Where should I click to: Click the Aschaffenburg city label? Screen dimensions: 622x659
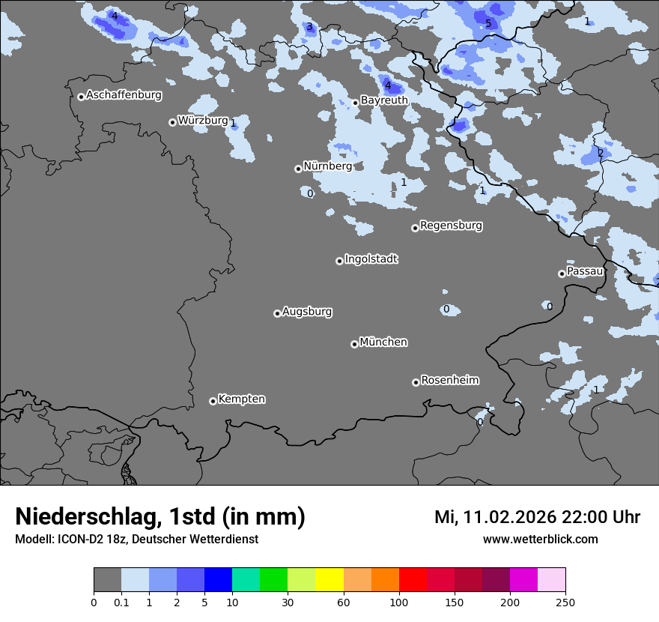(124, 95)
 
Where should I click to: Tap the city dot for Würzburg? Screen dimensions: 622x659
(172, 122)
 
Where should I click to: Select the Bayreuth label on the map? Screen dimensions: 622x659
(384, 100)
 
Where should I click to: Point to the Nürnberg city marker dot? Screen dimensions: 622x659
(298, 169)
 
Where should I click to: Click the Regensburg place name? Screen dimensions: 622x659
(451, 225)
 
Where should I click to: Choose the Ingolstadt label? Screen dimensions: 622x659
(371, 259)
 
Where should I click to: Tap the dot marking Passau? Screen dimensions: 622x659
(562, 274)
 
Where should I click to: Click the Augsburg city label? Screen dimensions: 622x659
(307, 311)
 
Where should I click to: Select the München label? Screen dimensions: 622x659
(383, 342)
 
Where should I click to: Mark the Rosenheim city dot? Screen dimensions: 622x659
(416, 383)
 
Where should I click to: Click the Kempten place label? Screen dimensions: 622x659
(241, 399)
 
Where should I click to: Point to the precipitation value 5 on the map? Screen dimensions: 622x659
(488, 23)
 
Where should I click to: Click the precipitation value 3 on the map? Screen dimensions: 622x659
(309, 27)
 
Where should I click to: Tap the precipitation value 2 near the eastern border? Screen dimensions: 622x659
(600, 153)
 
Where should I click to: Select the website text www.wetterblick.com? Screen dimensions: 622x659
(540, 539)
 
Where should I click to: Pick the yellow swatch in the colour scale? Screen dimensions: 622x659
(329, 580)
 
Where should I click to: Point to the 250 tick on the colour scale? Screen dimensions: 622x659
(565, 603)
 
